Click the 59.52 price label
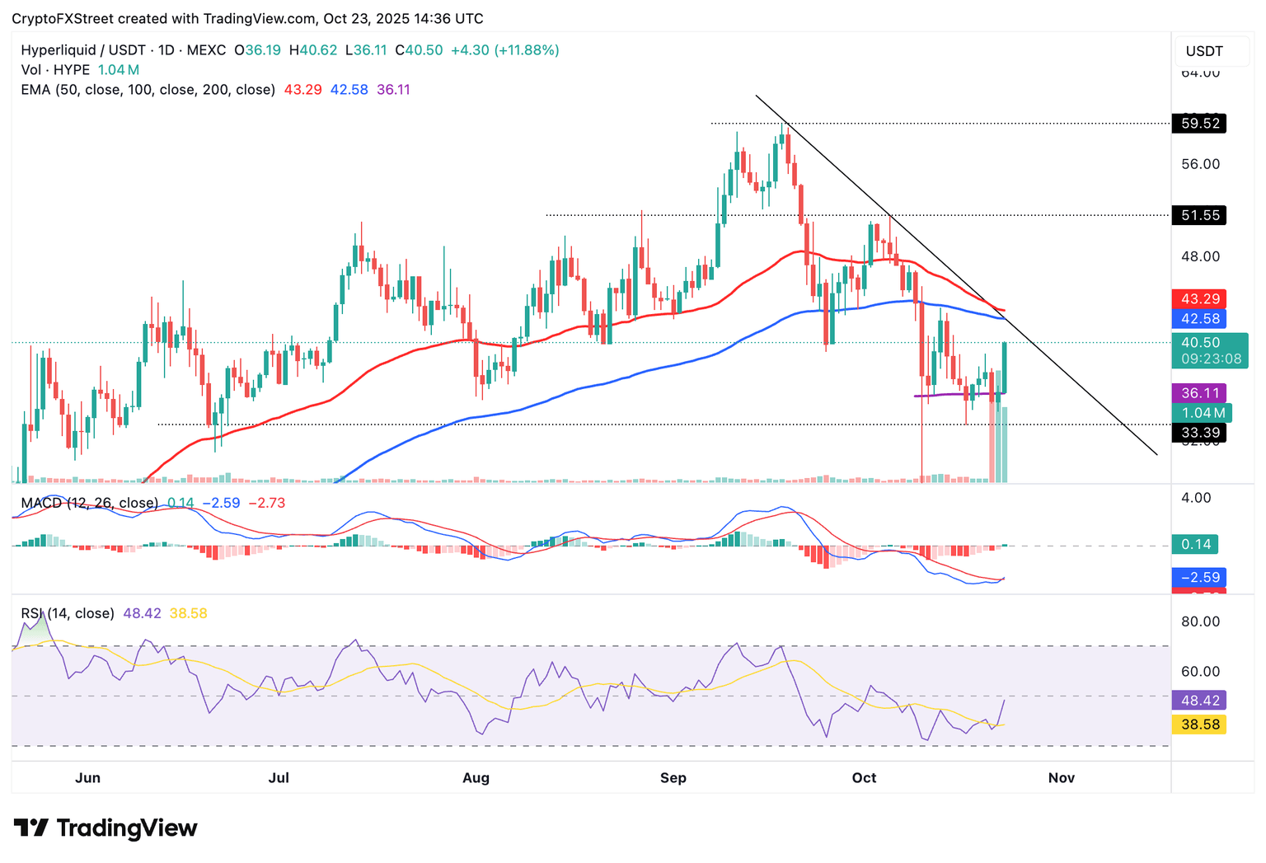point(1199,124)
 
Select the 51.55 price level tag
point(1199,215)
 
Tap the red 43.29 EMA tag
point(1199,298)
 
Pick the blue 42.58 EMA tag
point(1199,319)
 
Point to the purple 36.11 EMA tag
point(1199,393)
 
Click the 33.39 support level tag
point(1199,433)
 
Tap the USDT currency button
point(1204,51)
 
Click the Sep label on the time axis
point(673,778)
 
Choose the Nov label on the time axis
point(1061,778)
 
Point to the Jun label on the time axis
point(87,778)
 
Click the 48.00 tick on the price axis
point(1200,256)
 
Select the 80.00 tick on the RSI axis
point(1200,621)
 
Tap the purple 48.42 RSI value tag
point(1199,701)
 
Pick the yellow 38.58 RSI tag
point(1199,725)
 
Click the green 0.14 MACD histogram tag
point(1195,544)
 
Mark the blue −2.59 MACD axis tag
point(1199,577)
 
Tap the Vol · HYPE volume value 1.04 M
point(119,70)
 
